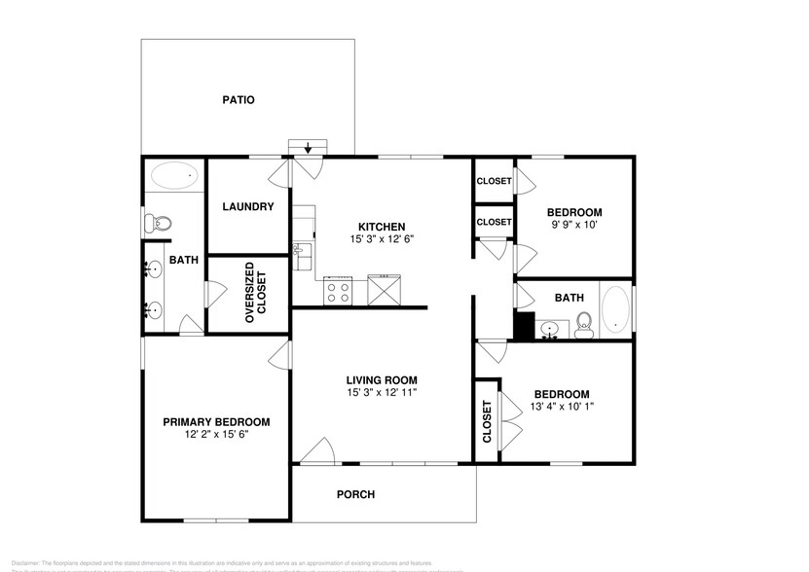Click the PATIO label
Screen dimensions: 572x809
(238, 99)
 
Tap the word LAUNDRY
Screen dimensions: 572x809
(247, 206)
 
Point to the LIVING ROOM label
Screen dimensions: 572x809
(382, 379)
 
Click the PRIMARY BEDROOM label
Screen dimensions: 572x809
(216, 421)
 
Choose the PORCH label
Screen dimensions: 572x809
(355, 494)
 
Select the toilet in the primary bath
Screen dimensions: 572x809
(157, 224)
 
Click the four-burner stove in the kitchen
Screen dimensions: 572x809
(339, 290)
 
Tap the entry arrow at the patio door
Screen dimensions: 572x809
(309, 148)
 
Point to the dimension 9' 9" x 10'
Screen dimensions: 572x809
(573, 226)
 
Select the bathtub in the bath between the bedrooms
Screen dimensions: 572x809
(616, 311)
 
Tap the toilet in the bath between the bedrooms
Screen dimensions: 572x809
(584, 323)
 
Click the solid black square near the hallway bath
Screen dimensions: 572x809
(524, 327)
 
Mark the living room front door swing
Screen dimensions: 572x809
(316, 449)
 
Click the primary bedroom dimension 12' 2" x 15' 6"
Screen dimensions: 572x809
(216, 435)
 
